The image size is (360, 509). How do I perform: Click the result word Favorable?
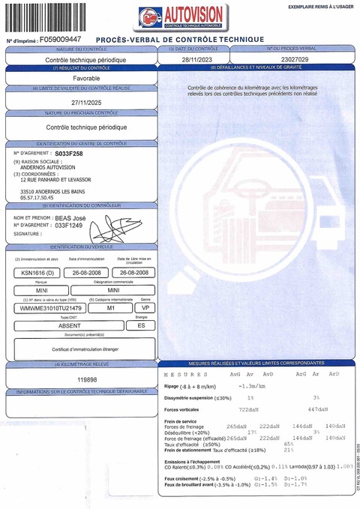point(79,78)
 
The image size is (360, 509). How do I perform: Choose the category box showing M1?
point(109,308)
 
